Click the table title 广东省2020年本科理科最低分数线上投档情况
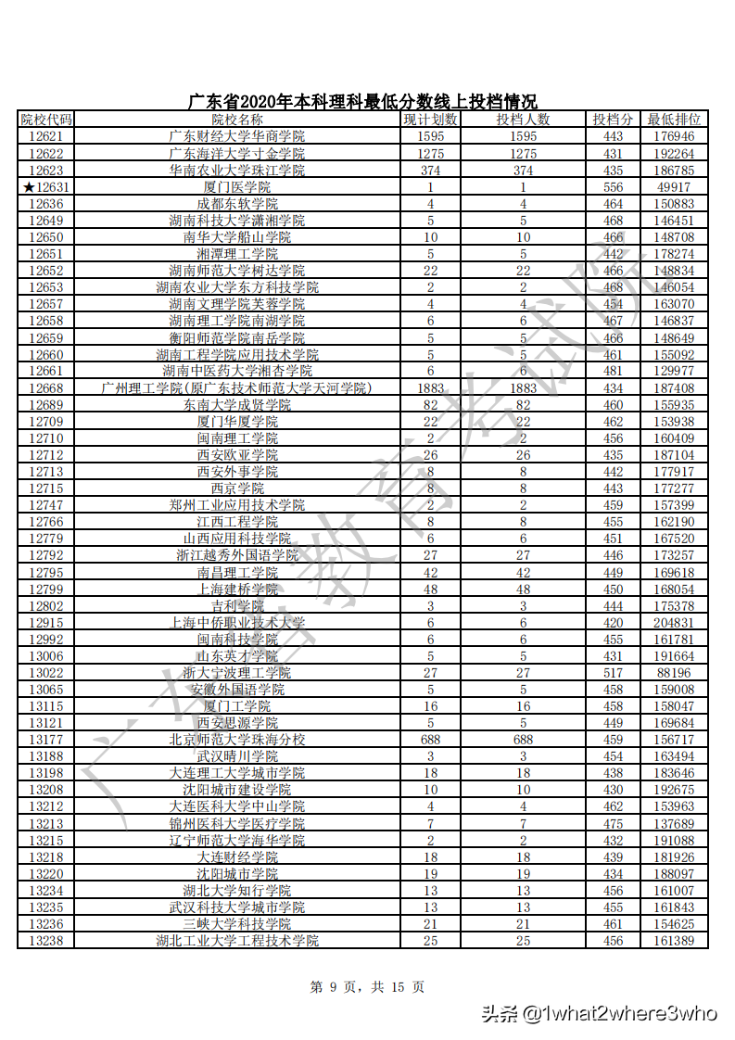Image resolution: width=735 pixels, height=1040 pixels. (x=362, y=102)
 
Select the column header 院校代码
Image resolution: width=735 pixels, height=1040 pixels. (x=45, y=120)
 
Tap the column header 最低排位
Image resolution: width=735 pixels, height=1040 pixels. (x=674, y=120)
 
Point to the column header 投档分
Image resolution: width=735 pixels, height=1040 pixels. (x=613, y=120)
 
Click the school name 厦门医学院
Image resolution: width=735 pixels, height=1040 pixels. (x=236, y=187)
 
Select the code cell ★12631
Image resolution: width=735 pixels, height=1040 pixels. (x=47, y=187)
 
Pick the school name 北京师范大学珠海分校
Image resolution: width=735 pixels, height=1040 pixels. (x=236, y=740)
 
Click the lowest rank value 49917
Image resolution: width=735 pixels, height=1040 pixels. (x=674, y=187)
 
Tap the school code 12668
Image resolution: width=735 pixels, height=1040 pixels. (x=45, y=388)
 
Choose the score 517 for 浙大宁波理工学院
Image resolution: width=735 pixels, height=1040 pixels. (x=613, y=673)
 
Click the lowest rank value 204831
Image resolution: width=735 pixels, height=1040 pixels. (x=674, y=623)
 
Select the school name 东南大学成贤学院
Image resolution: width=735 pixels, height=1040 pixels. (x=236, y=405)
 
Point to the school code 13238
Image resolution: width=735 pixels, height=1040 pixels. (x=45, y=941)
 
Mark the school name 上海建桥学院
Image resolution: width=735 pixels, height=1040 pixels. (x=236, y=590)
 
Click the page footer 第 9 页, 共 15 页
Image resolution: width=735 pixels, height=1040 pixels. (x=367, y=987)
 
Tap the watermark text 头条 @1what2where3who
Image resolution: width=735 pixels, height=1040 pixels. (x=598, y=1013)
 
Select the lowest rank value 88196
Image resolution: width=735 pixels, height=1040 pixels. (x=674, y=673)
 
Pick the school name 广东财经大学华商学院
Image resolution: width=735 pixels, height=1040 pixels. (x=236, y=136)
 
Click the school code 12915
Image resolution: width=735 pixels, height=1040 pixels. (x=45, y=623)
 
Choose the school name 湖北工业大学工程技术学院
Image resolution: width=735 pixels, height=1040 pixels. (x=236, y=941)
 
